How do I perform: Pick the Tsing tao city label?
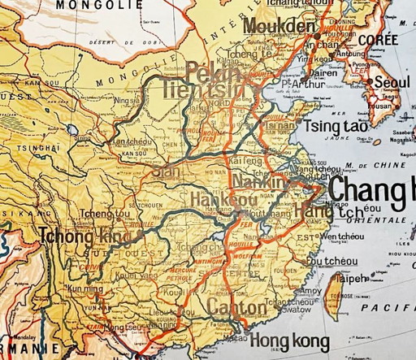(x=335, y=128)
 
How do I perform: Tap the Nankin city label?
(x=259, y=182)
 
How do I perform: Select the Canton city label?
(x=236, y=308)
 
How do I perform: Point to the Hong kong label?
(x=289, y=340)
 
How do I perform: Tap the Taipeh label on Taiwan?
(x=351, y=278)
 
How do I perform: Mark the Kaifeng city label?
(x=247, y=163)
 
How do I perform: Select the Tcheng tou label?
(x=98, y=214)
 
